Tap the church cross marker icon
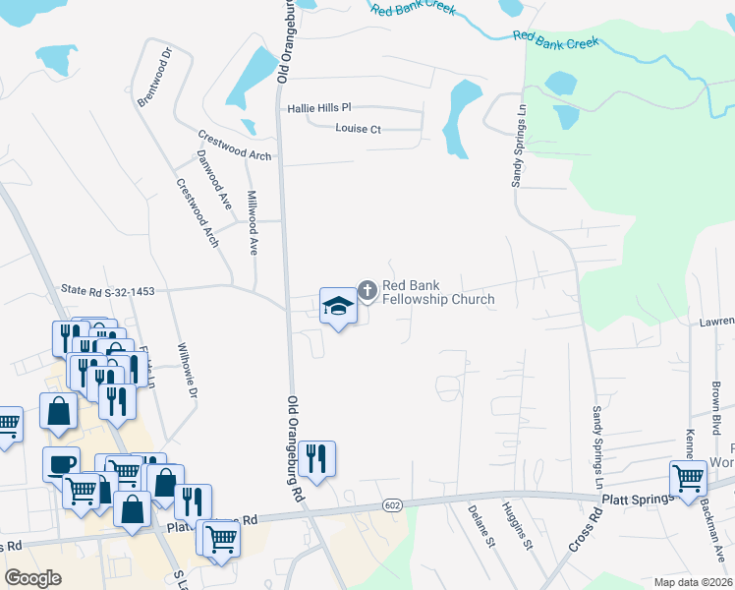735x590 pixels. click(x=367, y=289)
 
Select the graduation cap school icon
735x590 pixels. click(x=337, y=306)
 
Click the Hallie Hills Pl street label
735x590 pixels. click(x=318, y=108)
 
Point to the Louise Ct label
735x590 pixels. click(x=358, y=129)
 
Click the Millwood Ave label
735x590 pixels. click(x=252, y=222)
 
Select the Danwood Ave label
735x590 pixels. click(x=213, y=179)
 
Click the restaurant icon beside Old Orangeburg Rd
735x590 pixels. click(x=316, y=459)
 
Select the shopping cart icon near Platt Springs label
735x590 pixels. click(x=688, y=479)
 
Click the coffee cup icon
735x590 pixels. click(x=61, y=464)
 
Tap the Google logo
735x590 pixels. click(x=33, y=578)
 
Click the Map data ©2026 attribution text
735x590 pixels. click(x=694, y=582)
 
